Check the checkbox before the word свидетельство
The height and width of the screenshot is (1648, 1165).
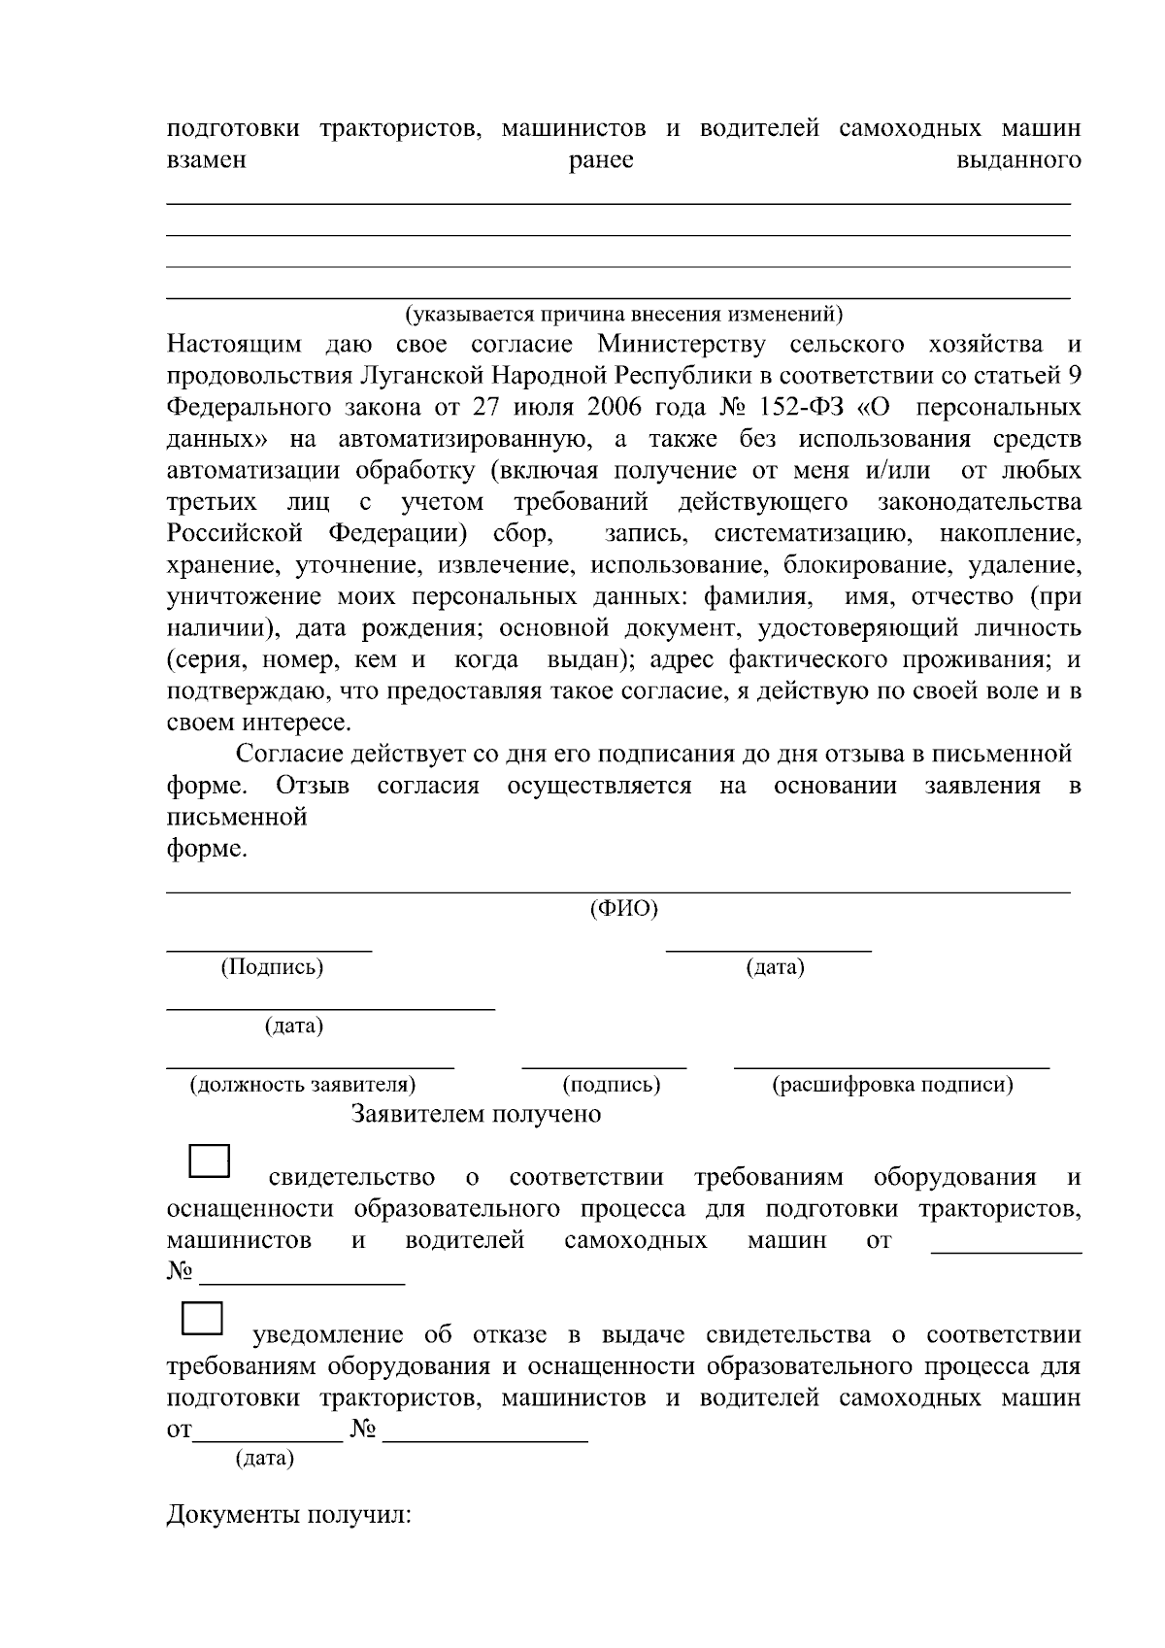[x=208, y=1162]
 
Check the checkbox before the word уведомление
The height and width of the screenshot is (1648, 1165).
[x=203, y=1319]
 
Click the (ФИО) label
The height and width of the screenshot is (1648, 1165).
[x=624, y=909]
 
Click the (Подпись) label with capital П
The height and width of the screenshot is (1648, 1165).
[x=272, y=967]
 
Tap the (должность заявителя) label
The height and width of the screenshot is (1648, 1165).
[x=303, y=1085]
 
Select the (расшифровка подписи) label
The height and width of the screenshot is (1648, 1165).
[x=892, y=1085]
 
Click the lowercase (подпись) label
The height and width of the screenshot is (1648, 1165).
[x=612, y=1085]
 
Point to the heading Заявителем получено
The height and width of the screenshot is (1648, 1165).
[x=476, y=1114]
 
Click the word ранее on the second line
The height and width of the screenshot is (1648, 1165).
[x=601, y=160]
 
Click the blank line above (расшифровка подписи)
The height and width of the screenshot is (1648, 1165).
[x=891, y=1068]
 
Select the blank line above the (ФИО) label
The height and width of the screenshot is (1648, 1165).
[x=618, y=891]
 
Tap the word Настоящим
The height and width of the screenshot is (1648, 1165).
[x=234, y=344]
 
